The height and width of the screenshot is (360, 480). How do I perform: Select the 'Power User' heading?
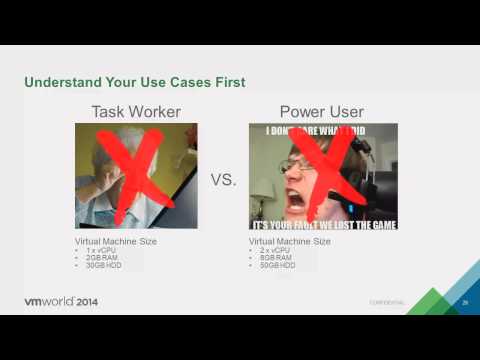click(322, 111)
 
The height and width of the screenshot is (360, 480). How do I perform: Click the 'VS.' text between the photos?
click(223, 181)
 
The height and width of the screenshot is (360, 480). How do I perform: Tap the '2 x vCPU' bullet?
click(275, 249)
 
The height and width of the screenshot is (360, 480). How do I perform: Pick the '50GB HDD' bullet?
click(278, 265)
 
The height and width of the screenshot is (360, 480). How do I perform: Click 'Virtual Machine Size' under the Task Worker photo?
click(116, 241)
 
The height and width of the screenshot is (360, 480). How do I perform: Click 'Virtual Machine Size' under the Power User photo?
click(290, 241)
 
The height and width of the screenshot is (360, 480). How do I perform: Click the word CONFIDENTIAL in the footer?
click(387, 302)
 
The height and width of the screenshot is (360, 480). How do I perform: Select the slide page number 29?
click(464, 301)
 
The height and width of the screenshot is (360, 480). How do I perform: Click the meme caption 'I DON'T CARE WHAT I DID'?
click(322, 130)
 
